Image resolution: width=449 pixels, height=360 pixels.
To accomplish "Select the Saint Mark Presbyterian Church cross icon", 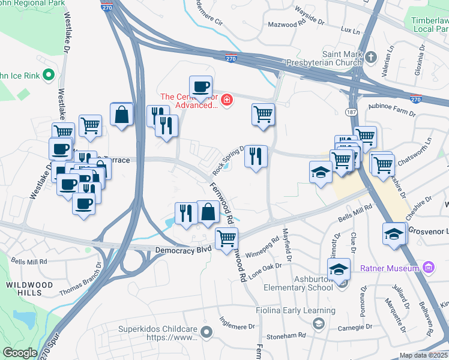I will [371, 57].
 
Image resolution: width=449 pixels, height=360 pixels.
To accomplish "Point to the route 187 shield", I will [351, 112].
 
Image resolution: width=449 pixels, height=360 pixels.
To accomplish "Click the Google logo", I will [20, 352].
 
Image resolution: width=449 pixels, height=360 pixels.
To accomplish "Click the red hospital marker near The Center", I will [226, 100].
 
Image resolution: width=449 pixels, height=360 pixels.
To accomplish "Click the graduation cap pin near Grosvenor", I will [394, 234].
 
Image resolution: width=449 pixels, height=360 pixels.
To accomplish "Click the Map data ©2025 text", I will [423, 355].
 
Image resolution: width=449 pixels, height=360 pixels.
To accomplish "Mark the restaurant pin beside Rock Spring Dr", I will [256, 157].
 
